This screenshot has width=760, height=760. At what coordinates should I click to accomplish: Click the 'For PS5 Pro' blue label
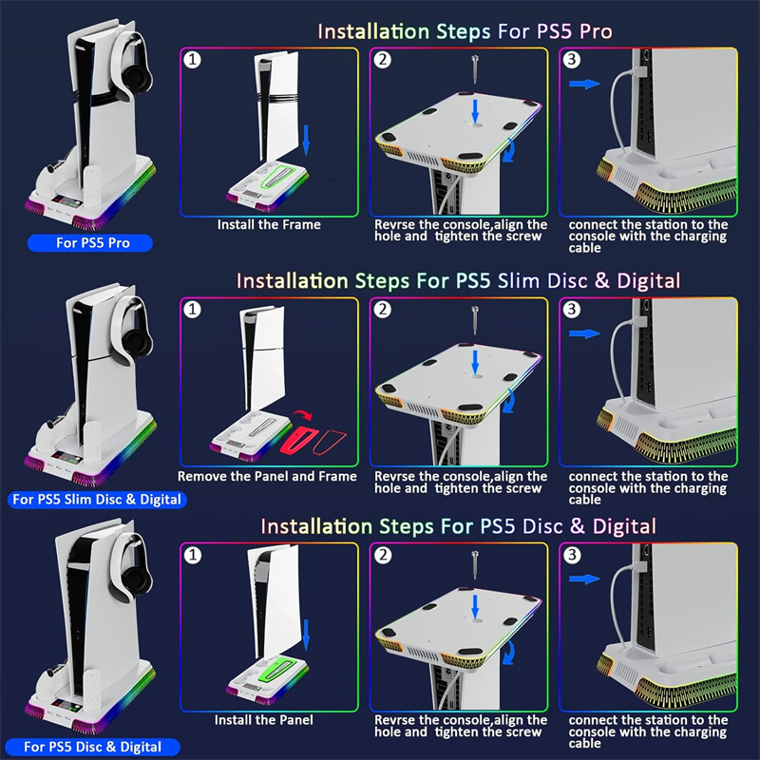(90, 243)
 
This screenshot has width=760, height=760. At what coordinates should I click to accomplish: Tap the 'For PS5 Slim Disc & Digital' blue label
(97, 500)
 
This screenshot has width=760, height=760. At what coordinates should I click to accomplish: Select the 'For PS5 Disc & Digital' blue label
(92, 747)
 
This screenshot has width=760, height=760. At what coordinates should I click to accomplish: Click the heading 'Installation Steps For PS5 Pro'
(465, 32)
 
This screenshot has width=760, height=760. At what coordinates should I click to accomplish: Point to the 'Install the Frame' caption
(269, 225)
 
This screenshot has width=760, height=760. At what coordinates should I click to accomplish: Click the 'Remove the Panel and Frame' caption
(267, 477)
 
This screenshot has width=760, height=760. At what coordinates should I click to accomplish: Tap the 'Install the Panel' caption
(264, 720)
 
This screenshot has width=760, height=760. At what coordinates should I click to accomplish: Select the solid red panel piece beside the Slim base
(296, 439)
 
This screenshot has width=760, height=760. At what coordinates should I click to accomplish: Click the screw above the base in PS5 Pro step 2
(475, 69)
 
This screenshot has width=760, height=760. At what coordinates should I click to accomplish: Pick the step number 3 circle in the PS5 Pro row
(572, 60)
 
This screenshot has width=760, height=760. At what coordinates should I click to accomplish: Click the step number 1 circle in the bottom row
(193, 555)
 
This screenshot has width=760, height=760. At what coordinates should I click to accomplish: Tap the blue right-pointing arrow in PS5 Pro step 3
(584, 85)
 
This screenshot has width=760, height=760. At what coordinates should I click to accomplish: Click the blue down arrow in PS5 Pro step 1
(306, 141)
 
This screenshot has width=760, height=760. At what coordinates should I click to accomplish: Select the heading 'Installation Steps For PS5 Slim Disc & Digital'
(458, 281)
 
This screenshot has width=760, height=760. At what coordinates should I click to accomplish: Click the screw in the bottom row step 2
(475, 564)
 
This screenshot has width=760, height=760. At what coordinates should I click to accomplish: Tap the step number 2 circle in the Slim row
(383, 310)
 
